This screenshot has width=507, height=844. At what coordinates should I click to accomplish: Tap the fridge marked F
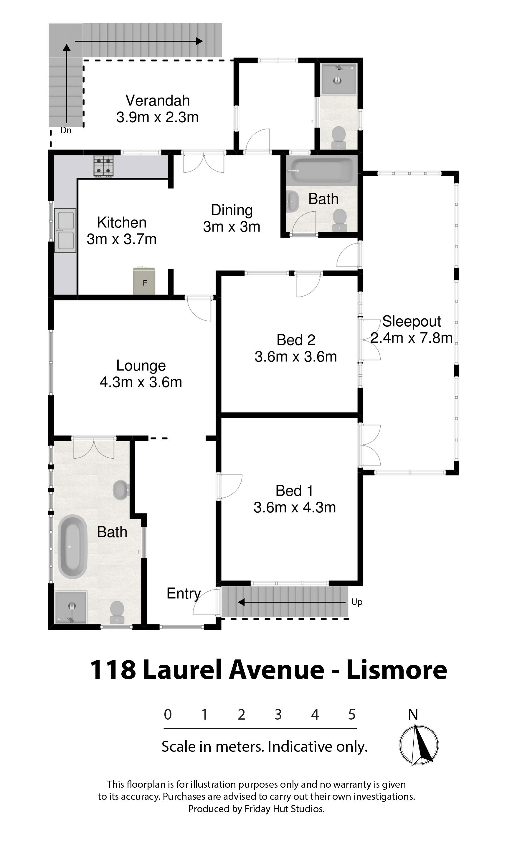[x=144, y=281]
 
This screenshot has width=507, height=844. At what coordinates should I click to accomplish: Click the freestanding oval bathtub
[x=72, y=546]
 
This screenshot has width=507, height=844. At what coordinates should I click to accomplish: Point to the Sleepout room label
[x=411, y=321]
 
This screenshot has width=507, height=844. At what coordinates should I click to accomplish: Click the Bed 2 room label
[x=296, y=340]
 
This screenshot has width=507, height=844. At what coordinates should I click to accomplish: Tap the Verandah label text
[x=158, y=101]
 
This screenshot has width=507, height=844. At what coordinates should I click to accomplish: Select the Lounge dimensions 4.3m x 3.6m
[x=141, y=382]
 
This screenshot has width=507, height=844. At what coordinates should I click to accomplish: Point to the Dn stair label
[x=66, y=130]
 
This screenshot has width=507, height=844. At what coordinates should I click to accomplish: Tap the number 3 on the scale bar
[x=278, y=715]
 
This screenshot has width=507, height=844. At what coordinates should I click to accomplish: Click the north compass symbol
[x=419, y=745]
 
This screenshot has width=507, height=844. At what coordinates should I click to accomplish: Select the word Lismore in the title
[x=397, y=670]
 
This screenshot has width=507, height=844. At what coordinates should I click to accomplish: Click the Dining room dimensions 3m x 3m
[x=232, y=227]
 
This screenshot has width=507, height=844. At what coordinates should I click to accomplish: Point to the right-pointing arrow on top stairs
[x=139, y=41]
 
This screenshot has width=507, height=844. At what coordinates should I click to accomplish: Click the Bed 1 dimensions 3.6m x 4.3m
[x=295, y=508]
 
